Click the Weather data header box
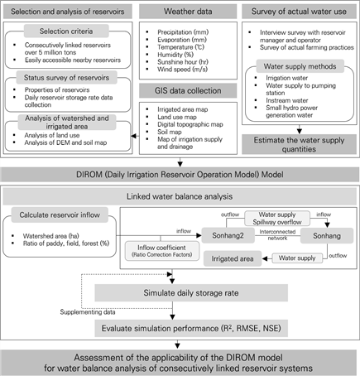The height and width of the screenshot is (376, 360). tap(188, 12)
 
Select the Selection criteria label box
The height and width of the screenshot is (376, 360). tap(66, 31)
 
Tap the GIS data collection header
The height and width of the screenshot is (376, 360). tap(188, 90)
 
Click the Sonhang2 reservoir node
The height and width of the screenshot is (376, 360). tap(228, 235)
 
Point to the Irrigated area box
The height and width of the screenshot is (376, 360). tap(233, 258)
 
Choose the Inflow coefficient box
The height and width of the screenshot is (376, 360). tap(162, 251)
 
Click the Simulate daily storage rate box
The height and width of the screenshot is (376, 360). tap(191, 293)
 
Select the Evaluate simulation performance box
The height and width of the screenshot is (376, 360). tap(191, 328)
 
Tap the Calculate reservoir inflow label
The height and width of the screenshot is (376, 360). tap(60, 215)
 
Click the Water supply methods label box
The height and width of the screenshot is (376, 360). tap(300, 66)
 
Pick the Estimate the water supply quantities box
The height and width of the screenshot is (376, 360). tap(299, 144)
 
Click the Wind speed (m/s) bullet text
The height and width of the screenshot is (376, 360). tap(182, 70)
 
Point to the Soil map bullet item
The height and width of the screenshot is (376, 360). tap(170, 132)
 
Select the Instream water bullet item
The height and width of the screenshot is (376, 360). tap(287, 100)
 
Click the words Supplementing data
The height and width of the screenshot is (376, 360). tap(88, 312)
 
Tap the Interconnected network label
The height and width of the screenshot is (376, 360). tap(277, 235)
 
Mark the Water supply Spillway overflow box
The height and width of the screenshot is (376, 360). tap(277, 218)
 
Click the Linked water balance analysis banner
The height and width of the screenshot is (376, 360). tap(180, 196)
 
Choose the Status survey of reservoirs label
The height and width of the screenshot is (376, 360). tap(66, 78)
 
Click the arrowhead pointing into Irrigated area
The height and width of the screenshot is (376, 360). tap(265, 258)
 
